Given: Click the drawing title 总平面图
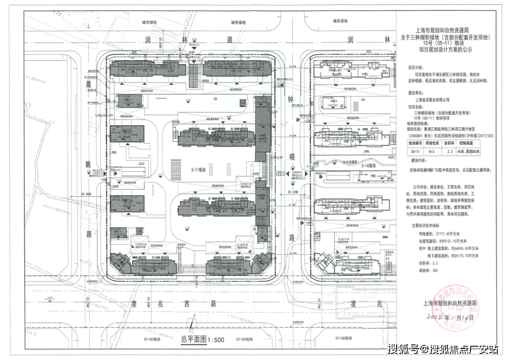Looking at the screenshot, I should (x=193, y=338).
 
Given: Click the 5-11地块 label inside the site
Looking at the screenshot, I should (x=199, y=168).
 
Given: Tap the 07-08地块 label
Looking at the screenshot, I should (x=345, y=338).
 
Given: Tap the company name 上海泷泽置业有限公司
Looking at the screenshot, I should (x=433, y=100).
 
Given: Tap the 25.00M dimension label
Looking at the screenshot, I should (x=86, y=194).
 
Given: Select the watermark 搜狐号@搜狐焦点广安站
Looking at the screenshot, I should (x=442, y=349).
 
